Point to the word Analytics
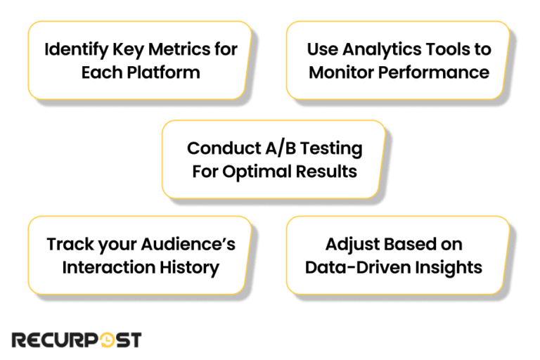click(x=377, y=49)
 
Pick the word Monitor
click(x=339, y=72)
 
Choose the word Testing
click(x=330, y=148)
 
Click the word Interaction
click(x=106, y=267)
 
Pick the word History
click(x=187, y=267)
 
